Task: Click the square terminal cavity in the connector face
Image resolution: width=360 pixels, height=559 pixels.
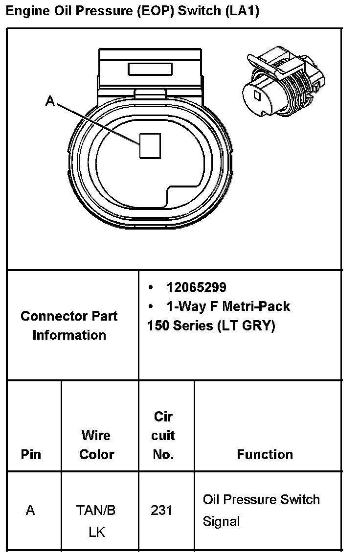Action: click(x=150, y=146)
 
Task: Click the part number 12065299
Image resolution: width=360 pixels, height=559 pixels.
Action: click(x=196, y=287)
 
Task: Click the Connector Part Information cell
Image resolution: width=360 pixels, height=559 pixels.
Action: click(x=69, y=326)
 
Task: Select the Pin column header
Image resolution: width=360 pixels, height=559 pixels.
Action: click(x=30, y=454)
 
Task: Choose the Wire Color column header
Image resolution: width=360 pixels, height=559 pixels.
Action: click(x=96, y=444)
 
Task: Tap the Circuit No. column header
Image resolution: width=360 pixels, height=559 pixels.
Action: click(x=163, y=435)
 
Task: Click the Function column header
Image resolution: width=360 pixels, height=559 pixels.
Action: click(x=265, y=454)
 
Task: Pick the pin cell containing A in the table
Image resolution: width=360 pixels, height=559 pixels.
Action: click(x=30, y=511)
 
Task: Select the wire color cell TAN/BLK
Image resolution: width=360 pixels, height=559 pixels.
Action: click(x=96, y=521)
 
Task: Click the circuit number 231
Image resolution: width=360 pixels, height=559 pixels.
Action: click(x=161, y=511)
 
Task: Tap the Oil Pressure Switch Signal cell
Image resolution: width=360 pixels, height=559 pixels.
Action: click(x=261, y=510)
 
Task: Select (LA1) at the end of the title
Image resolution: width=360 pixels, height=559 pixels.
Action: click(x=242, y=11)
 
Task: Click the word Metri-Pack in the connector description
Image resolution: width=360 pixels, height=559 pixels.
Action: click(x=256, y=306)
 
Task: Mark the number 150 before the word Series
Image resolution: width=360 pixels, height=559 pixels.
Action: click(x=157, y=326)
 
